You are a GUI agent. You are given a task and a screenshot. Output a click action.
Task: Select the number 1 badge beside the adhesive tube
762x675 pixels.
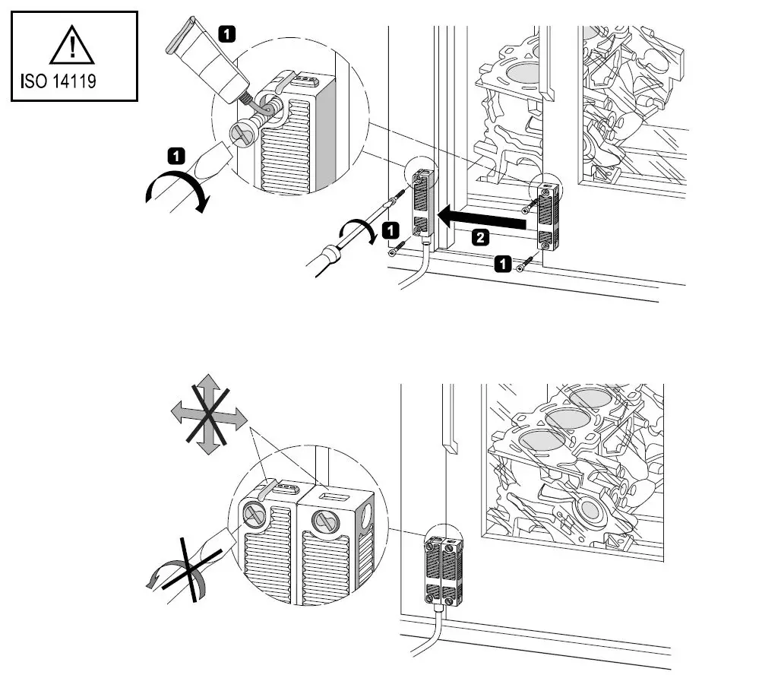click(x=227, y=33)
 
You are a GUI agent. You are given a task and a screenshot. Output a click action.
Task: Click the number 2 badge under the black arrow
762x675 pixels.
click(x=479, y=238)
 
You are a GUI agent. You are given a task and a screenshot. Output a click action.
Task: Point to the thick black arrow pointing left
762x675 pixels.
click(x=484, y=220)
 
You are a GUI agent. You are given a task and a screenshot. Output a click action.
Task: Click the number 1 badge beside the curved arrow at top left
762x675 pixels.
click(x=175, y=157)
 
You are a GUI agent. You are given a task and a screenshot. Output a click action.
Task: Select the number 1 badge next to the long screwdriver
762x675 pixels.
click(x=390, y=228)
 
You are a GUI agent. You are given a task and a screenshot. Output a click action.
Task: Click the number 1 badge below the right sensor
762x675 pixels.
click(x=502, y=263)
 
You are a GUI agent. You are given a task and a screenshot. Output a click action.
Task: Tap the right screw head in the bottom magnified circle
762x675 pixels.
click(x=325, y=522)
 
